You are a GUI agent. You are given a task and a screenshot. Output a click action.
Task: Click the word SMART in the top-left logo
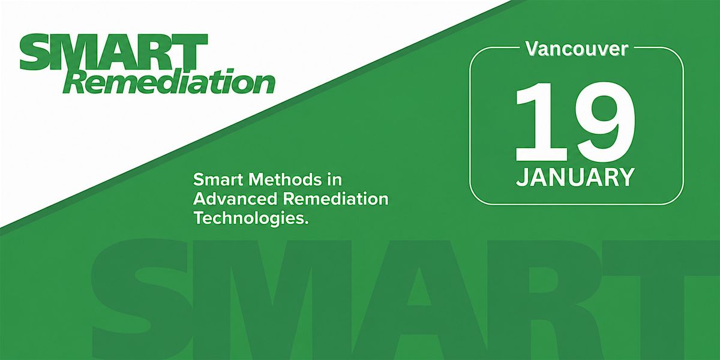click(x=113, y=52)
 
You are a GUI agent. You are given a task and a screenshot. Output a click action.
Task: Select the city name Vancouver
click(x=577, y=49)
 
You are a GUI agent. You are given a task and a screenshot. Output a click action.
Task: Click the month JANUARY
click(x=575, y=177)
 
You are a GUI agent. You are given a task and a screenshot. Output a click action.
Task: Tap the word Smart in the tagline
click(x=218, y=179)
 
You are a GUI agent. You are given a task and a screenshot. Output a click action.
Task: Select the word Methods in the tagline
click(x=286, y=179)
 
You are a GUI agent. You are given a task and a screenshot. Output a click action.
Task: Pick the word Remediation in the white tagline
click(x=335, y=199)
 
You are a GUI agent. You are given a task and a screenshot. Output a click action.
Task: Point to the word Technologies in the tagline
click(x=249, y=219)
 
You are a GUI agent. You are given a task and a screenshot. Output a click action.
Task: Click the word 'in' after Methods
click(x=335, y=179)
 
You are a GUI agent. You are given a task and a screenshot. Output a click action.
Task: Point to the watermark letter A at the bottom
click(x=418, y=299)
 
